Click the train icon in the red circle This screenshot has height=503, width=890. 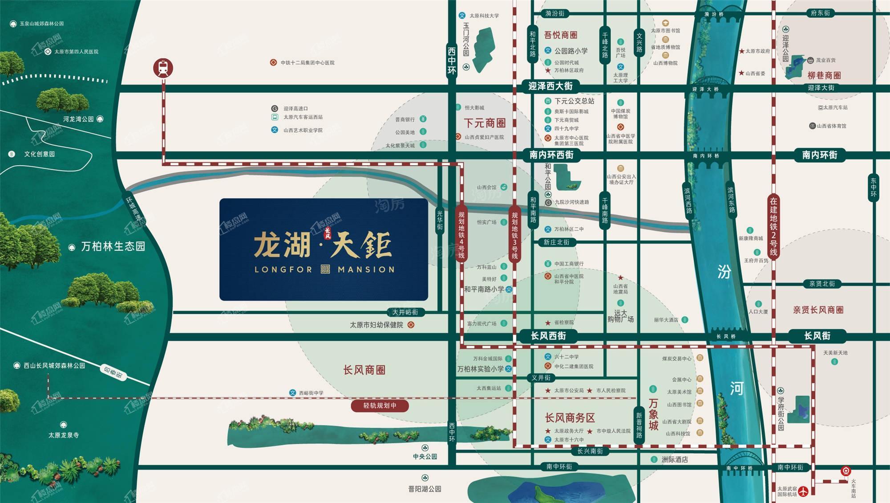tap(163, 68)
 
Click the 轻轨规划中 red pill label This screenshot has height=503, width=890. tap(380, 405)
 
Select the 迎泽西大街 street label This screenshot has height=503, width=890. tap(550, 86)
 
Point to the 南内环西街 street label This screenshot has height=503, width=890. tap(551, 155)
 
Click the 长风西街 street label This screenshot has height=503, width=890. tap(548, 335)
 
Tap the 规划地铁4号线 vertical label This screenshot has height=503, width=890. tap(461, 235)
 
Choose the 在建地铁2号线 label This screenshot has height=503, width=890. tap(773, 227)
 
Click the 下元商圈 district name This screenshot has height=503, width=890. tap(485, 123)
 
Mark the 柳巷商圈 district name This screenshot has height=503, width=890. tap(824, 75)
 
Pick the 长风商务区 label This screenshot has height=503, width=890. tap(570, 417)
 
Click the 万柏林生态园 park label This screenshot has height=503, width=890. tap(113, 246)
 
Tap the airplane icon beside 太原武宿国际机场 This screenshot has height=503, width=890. tap(803, 491)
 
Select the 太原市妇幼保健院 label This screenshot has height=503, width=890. tap(376, 325)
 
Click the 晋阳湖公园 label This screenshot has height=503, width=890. tap(425, 489)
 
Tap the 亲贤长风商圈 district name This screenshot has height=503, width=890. tap(818, 310)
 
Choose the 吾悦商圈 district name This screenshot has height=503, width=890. tap(561, 35)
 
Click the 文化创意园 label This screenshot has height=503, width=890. tap(40, 154)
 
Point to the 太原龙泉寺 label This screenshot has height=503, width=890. tap(64, 435)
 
